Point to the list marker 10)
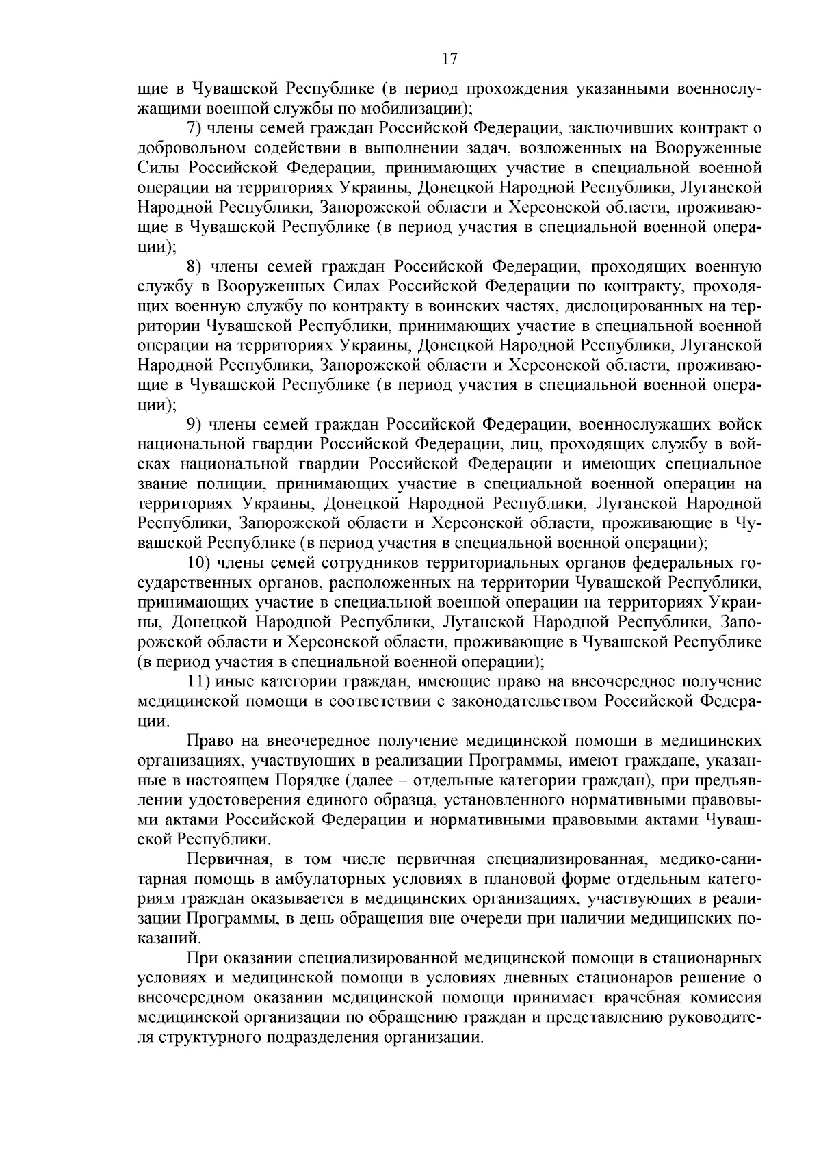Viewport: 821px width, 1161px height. (x=198, y=563)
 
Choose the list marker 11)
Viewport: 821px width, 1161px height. (x=198, y=681)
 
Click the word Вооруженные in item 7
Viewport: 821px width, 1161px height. (x=708, y=148)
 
